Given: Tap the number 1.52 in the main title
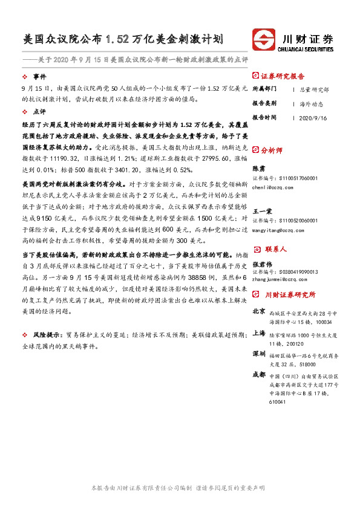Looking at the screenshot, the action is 117,40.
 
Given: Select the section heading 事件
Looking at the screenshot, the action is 39,77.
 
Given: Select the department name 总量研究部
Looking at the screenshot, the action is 315,89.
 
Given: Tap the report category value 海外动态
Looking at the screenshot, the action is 312,103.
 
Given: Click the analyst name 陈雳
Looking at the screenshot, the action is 258,168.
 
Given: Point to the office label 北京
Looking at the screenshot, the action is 258,311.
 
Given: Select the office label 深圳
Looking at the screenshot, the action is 258,353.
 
